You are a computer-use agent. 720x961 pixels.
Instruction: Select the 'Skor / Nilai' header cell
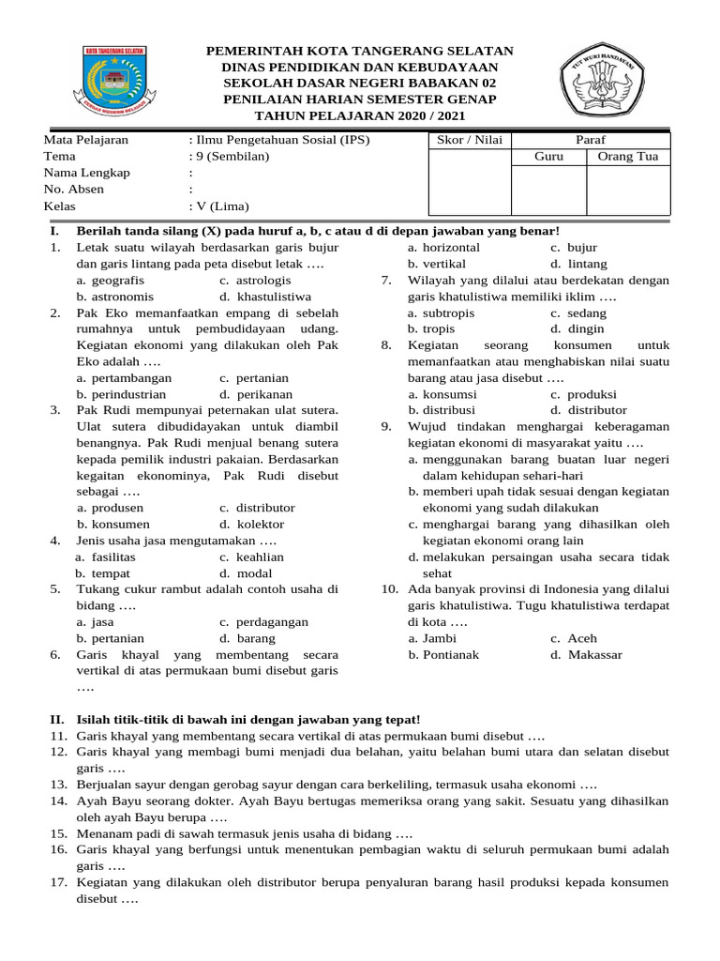tap(470, 141)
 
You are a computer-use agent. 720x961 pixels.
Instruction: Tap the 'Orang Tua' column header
tap(628, 157)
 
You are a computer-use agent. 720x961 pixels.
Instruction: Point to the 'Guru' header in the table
tap(548, 157)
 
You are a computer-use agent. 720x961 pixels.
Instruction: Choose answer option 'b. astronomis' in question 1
tap(115, 297)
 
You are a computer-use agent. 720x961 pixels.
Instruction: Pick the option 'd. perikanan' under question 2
tap(256, 394)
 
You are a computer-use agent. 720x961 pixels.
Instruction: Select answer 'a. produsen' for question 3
tap(111, 508)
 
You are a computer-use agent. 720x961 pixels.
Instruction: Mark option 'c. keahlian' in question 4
tap(252, 557)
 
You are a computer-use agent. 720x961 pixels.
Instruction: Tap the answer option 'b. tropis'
tap(431, 329)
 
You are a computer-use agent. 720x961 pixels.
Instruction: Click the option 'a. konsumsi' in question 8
tap(442, 394)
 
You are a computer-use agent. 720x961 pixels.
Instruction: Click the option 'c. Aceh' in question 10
tap(574, 638)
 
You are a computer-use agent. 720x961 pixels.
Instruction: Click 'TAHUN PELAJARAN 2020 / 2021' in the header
tap(360, 116)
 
